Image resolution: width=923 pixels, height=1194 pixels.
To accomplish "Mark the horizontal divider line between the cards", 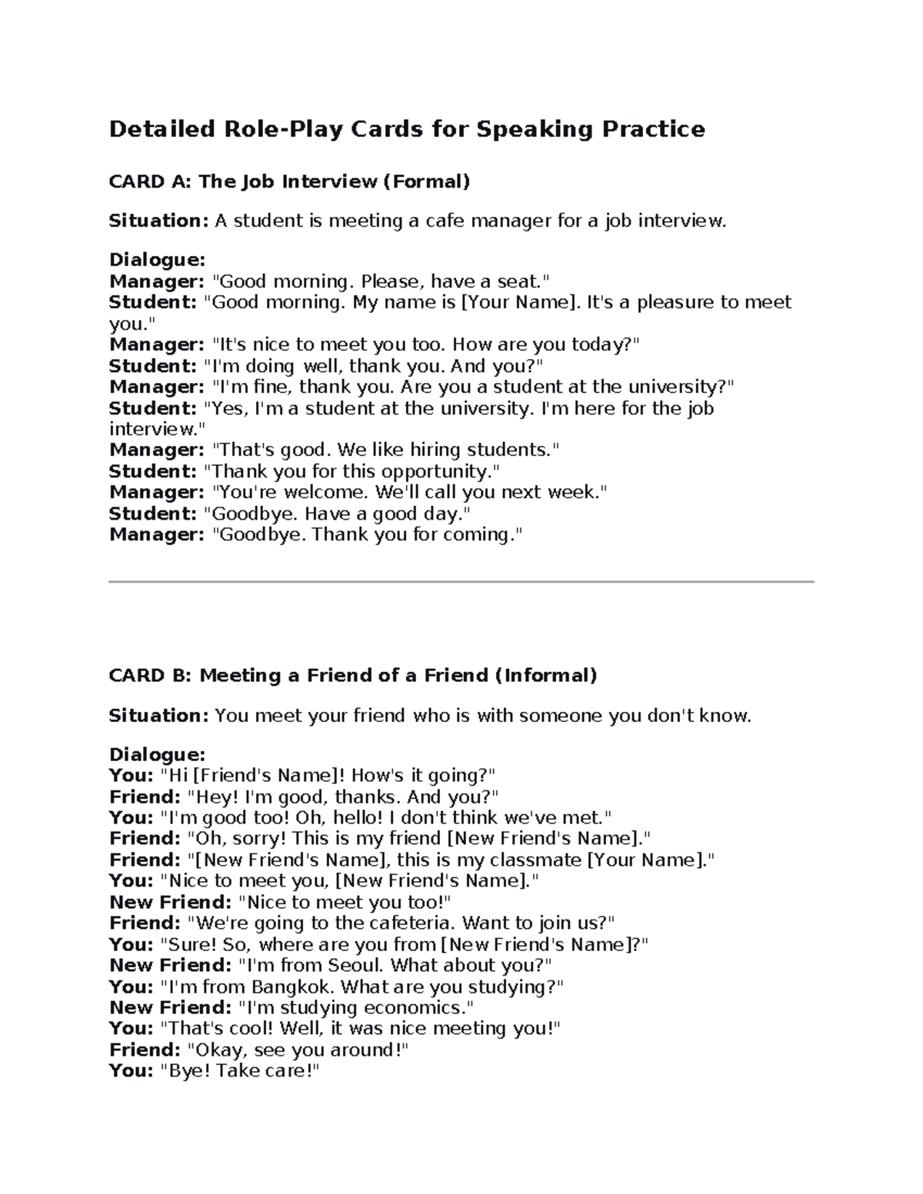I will coord(461,582).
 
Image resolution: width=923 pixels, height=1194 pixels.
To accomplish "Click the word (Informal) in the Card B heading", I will coord(545,676).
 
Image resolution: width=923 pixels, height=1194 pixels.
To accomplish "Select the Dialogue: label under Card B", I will coord(158,754).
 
